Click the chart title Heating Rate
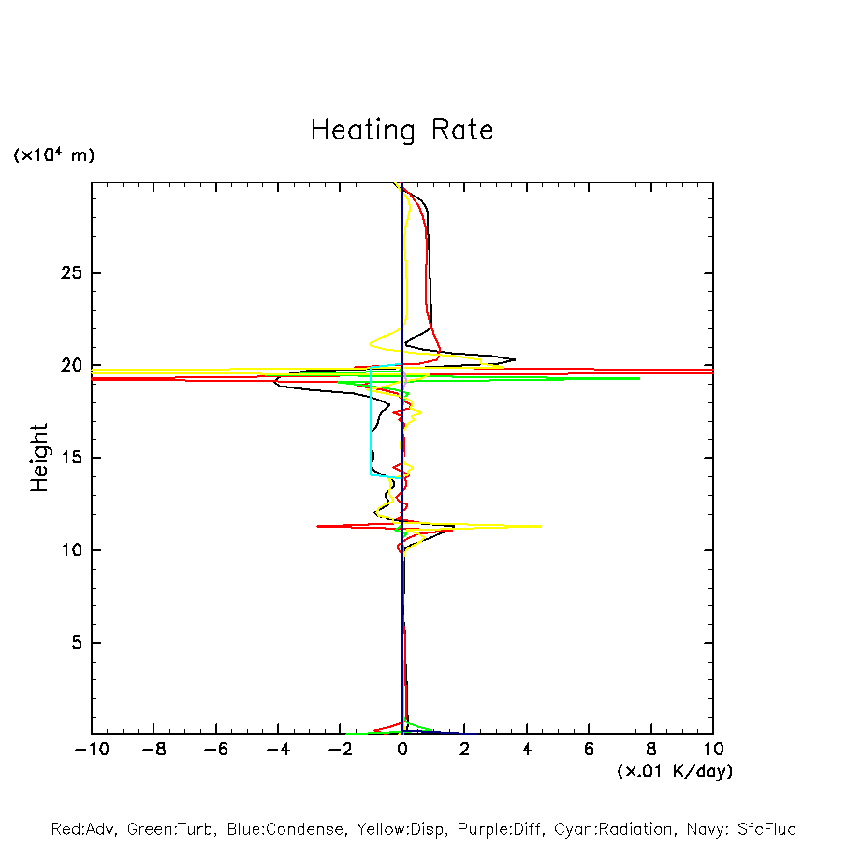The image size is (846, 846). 401,130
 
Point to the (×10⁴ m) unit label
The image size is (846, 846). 53,155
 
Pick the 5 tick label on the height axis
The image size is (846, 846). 79,643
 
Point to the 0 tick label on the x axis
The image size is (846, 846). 402,750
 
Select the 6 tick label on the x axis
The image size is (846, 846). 589,750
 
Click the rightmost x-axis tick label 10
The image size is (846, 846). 712,750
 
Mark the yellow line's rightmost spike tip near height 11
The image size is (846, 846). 541,526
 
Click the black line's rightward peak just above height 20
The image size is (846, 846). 515,359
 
